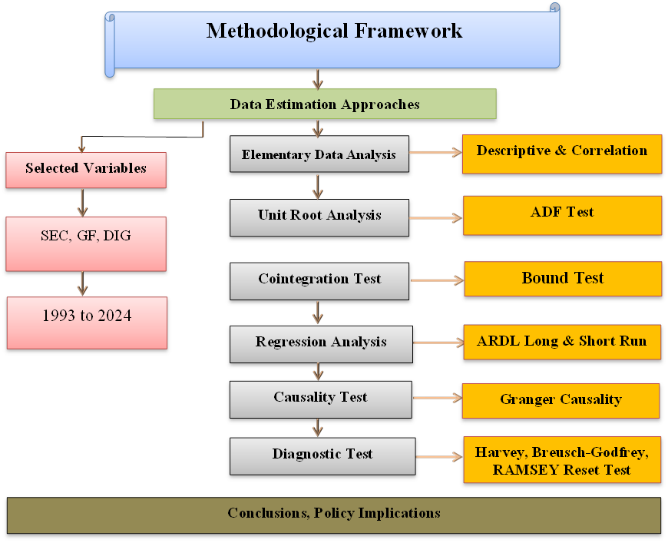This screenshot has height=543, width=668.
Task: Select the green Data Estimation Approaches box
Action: [x=325, y=104]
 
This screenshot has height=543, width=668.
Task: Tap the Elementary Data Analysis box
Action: [x=319, y=154]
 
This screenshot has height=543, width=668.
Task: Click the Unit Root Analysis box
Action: [x=319, y=217]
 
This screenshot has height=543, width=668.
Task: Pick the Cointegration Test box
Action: [x=319, y=280]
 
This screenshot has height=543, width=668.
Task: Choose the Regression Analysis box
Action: [x=321, y=343]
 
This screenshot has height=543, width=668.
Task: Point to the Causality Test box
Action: [x=320, y=399]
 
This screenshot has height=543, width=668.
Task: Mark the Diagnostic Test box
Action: [x=322, y=455]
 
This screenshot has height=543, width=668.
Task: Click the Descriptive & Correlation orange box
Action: [x=561, y=153]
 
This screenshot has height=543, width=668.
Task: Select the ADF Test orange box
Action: [x=561, y=214]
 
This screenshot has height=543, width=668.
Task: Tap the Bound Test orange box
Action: [x=563, y=279]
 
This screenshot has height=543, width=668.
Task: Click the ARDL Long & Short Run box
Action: [x=561, y=342]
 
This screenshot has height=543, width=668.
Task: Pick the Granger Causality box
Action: [x=561, y=400]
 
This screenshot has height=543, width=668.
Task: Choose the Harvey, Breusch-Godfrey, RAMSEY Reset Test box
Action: [x=562, y=461]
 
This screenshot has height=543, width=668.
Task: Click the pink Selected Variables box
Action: [x=86, y=170]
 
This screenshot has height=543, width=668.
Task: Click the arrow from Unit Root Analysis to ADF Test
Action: [x=435, y=218]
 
